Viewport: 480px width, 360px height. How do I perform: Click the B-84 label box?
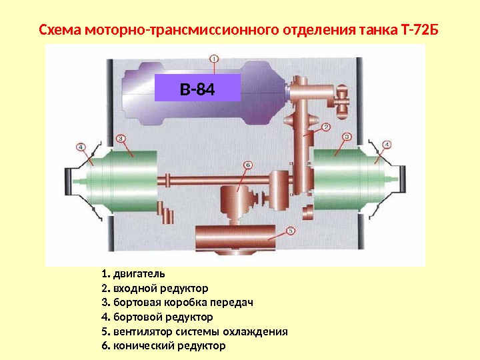coord(197,87)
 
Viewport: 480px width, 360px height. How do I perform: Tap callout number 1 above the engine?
coord(213,58)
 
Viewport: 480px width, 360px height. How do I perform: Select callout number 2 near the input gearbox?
coord(326,127)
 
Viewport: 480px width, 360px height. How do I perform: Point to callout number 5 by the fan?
coord(290,230)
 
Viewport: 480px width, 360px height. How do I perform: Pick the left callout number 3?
coord(121,138)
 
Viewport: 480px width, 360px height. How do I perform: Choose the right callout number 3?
coord(347,137)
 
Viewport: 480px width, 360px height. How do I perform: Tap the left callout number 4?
coord(81,147)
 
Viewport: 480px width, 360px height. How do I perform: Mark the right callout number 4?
coord(387,143)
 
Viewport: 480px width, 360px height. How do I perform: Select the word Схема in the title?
coord(57,31)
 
